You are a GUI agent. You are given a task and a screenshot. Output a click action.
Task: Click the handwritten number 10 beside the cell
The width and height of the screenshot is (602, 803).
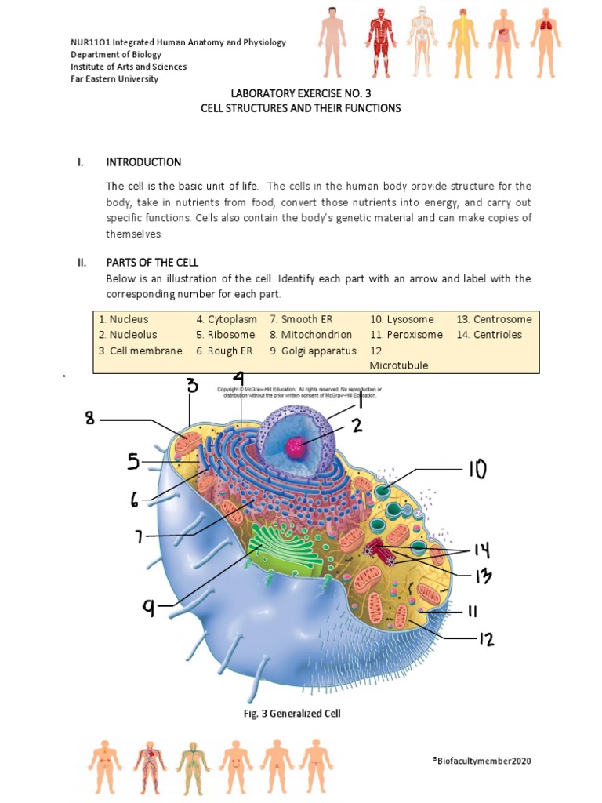point(477,469)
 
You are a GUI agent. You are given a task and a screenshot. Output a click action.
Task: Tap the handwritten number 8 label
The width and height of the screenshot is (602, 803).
point(90,420)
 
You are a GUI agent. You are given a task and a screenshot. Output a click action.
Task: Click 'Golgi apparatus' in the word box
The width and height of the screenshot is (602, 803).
point(313,351)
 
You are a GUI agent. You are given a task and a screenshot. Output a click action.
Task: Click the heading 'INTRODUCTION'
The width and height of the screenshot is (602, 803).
point(143,162)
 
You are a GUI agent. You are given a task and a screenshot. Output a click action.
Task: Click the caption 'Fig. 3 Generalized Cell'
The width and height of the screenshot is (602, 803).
point(293,714)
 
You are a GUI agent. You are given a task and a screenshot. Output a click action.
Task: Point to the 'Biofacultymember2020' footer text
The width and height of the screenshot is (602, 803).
point(486,761)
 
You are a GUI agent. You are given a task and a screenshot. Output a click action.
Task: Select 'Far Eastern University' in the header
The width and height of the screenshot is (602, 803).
point(114,78)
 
